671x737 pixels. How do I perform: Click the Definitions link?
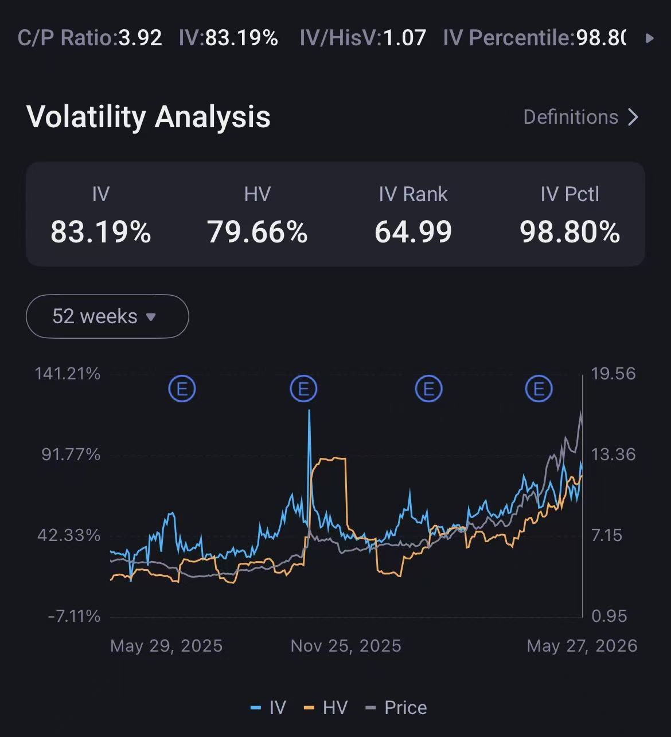pos(580,117)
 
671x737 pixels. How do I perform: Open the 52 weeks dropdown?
pos(107,316)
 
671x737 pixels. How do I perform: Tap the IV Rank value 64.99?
pos(413,232)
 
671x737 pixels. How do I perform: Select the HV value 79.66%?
pos(257,232)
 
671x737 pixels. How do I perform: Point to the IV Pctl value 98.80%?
pos(570,232)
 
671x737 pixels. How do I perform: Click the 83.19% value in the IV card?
pos(101,232)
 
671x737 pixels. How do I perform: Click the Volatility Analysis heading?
pos(149,117)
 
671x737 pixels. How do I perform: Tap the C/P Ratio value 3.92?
pos(140,38)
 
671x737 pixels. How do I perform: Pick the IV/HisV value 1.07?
pos(404,38)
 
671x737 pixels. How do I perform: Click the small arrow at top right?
pos(650,38)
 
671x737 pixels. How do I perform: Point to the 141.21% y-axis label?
pos(67,374)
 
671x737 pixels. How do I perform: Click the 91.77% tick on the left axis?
pos(71,454)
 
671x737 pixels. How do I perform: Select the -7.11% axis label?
pos(74,616)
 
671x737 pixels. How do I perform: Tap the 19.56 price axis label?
pos(613,374)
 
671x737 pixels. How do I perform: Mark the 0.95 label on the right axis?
pos(609,616)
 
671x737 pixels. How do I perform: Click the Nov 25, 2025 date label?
pos(346,646)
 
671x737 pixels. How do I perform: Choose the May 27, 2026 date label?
pos(582,646)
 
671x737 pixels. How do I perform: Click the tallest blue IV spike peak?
pos(309,410)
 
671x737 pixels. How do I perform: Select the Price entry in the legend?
pos(396,708)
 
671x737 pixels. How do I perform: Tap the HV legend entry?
pos(326,708)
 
